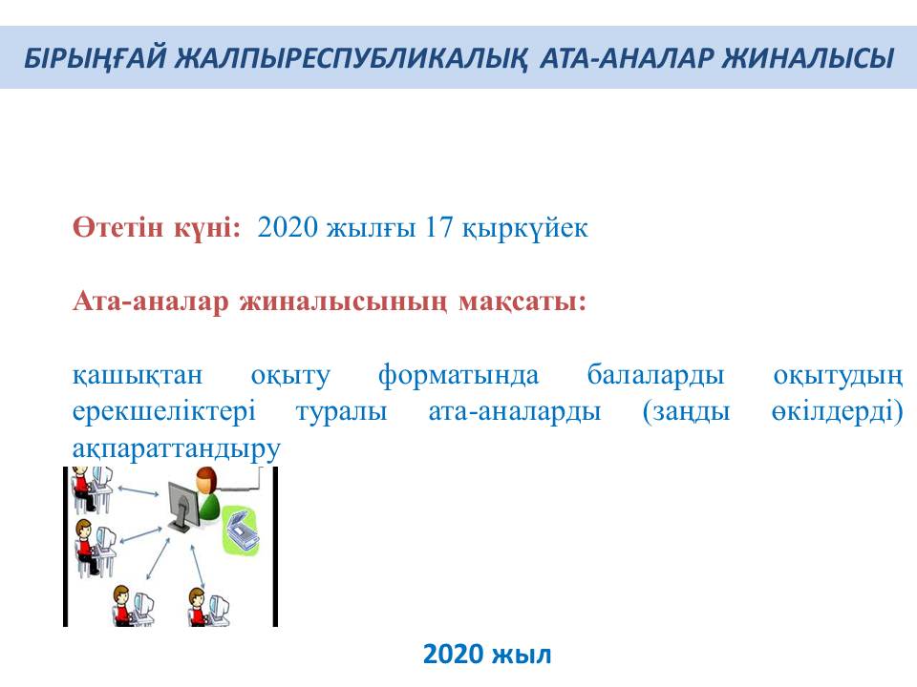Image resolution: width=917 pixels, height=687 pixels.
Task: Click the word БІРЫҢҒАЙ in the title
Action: click(x=96, y=58)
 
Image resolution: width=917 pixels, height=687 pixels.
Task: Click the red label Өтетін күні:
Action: click(x=157, y=227)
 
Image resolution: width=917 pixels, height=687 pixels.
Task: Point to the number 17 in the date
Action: click(x=438, y=227)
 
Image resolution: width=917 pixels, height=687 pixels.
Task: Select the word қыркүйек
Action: click(x=524, y=228)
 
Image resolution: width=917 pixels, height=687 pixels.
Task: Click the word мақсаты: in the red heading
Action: click(x=522, y=302)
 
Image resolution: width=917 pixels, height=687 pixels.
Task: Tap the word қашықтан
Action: click(x=138, y=375)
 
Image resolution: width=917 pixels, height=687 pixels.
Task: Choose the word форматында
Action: click(x=458, y=375)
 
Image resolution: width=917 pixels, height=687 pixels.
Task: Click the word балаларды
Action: click(x=655, y=375)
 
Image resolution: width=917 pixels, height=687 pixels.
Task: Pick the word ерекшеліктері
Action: click(x=163, y=412)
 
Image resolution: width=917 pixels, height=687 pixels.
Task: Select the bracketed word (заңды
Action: click(x=686, y=412)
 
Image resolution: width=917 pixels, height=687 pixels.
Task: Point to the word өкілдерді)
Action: click(x=838, y=412)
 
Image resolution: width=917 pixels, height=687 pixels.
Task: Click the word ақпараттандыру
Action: click(x=177, y=448)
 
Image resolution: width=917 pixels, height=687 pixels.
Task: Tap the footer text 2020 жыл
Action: click(x=487, y=655)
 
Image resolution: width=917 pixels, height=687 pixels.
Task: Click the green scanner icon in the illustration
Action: click(x=241, y=530)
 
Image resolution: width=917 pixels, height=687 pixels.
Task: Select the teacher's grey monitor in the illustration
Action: click(x=183, y=506)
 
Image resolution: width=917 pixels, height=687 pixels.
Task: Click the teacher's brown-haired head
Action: click(x=205, y=480)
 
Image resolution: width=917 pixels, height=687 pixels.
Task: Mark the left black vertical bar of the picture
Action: click(x=66, y=546)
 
